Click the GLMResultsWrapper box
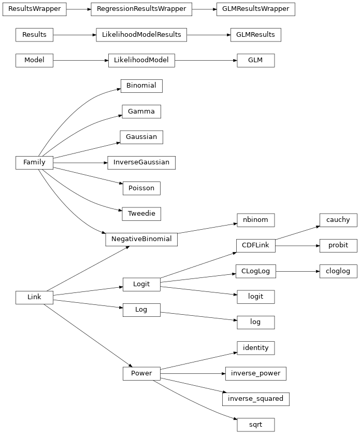pos(255,9)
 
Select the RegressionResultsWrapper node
pos(141,9)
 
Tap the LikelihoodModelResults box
pos(141,35)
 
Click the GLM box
pos(255,60)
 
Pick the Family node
pos(34,162)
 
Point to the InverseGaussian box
pos(141,162)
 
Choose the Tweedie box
pos(141,213)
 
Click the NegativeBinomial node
pos(141,239)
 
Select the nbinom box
pos(255,220)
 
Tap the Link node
pos(34,297)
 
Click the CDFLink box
pos(255,245)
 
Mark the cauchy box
pos(338,220)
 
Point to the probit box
pos(338,245)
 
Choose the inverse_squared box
pos(255,399)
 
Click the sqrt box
pos(255,425)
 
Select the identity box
pos(255,347)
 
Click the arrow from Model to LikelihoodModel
pos(80,60)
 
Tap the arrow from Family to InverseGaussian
pos(80,162)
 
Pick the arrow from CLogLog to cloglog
pos(298,271)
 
